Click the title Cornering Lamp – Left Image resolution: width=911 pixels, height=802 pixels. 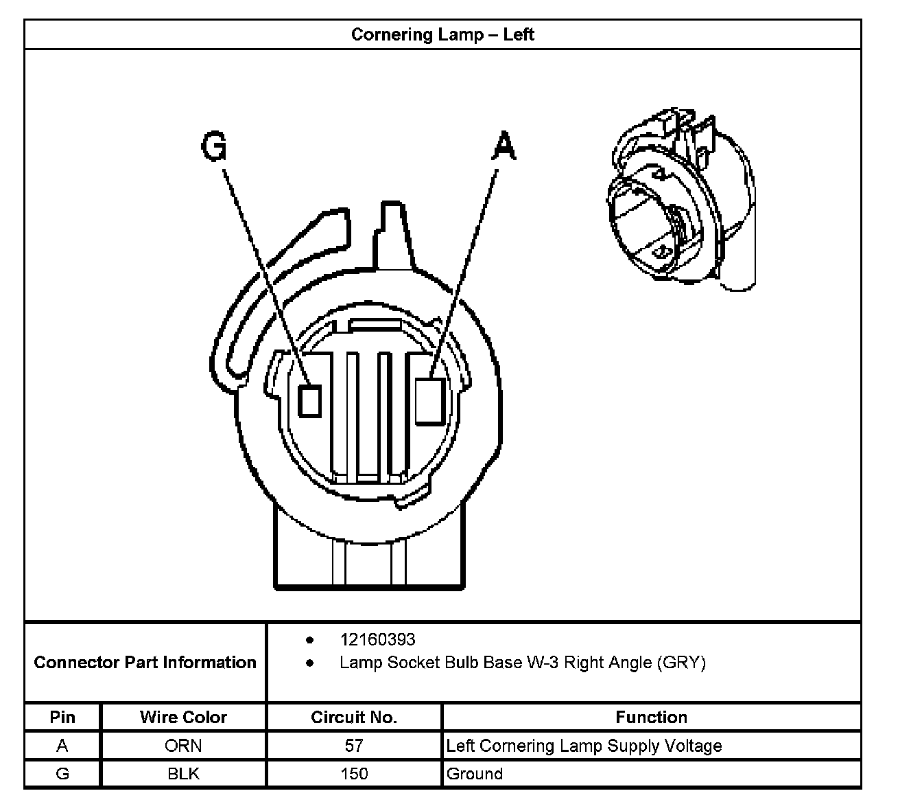click(442, 34)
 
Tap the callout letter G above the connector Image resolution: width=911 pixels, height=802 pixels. click(214, 146)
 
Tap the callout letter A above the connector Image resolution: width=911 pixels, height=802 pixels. click(504, 146)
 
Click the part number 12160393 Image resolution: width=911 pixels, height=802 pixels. click(377, 640)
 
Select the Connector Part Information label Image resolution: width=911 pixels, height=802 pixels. click(145, 663)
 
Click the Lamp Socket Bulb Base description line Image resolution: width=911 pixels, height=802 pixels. click(522, 663)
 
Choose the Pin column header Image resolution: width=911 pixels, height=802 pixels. click(62, 718)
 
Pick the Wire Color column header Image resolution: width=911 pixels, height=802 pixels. click(183, 718)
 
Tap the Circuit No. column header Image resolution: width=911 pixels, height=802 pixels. click(354, 718)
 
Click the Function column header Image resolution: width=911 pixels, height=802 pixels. click(651, 718)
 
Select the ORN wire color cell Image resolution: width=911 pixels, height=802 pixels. click(183, 746)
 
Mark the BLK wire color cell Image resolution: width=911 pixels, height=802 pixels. click(183, 774)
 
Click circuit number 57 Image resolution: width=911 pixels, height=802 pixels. click(354, 746)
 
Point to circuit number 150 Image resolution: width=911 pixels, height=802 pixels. click(354, 774)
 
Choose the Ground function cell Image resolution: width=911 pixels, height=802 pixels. click(475, 774)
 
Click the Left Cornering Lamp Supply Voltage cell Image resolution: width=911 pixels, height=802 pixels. click(584, 746)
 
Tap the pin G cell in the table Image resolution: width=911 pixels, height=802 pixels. click(62, 774)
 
